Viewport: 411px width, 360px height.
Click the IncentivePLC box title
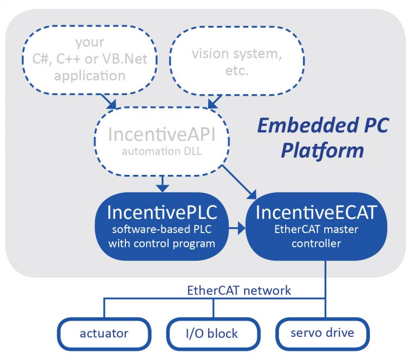pos(161,212)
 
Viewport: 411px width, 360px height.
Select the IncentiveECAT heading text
pos(316,212)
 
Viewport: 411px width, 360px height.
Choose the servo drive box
pos(323,333)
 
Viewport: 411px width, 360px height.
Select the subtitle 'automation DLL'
pos(161,152)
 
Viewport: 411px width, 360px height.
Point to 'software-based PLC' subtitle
pos(161,229)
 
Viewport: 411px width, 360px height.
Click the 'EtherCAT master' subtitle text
pos(316,229)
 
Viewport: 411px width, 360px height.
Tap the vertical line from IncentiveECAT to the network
pos(325,280)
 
